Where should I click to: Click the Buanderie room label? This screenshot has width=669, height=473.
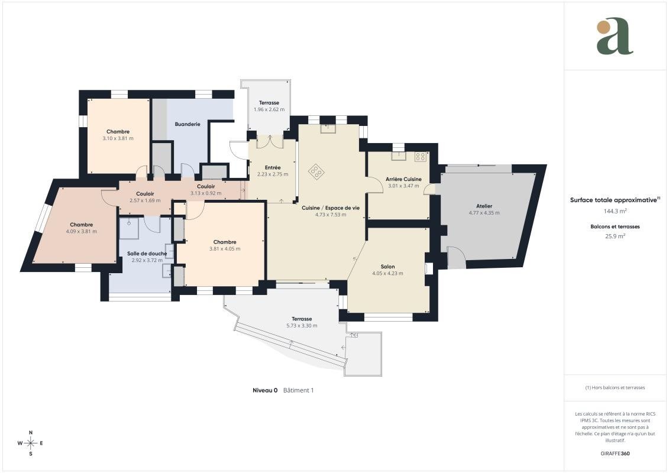188,124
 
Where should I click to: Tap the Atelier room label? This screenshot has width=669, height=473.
484,206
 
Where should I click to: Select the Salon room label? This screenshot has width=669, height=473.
388,267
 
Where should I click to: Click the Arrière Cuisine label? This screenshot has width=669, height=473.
403,179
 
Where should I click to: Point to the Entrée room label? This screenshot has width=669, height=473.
273,167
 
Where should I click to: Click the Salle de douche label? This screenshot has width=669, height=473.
147,253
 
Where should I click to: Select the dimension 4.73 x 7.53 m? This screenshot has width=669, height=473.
331,215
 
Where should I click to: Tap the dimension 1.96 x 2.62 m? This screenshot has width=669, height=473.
269,109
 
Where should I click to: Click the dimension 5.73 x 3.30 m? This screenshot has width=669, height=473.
302,325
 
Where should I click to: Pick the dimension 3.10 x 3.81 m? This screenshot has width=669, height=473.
118,138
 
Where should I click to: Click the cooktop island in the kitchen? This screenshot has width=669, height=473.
316,172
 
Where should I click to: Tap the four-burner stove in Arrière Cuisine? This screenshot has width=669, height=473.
421,157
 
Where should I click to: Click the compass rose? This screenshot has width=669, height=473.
30,443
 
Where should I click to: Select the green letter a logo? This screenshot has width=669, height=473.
615,36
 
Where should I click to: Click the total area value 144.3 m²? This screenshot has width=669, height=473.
615,210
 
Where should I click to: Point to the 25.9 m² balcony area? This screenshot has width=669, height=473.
615,236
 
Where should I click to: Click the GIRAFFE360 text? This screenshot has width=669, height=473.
615,453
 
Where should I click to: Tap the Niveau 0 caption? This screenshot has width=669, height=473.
265,390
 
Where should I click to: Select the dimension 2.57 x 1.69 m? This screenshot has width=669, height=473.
145,200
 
